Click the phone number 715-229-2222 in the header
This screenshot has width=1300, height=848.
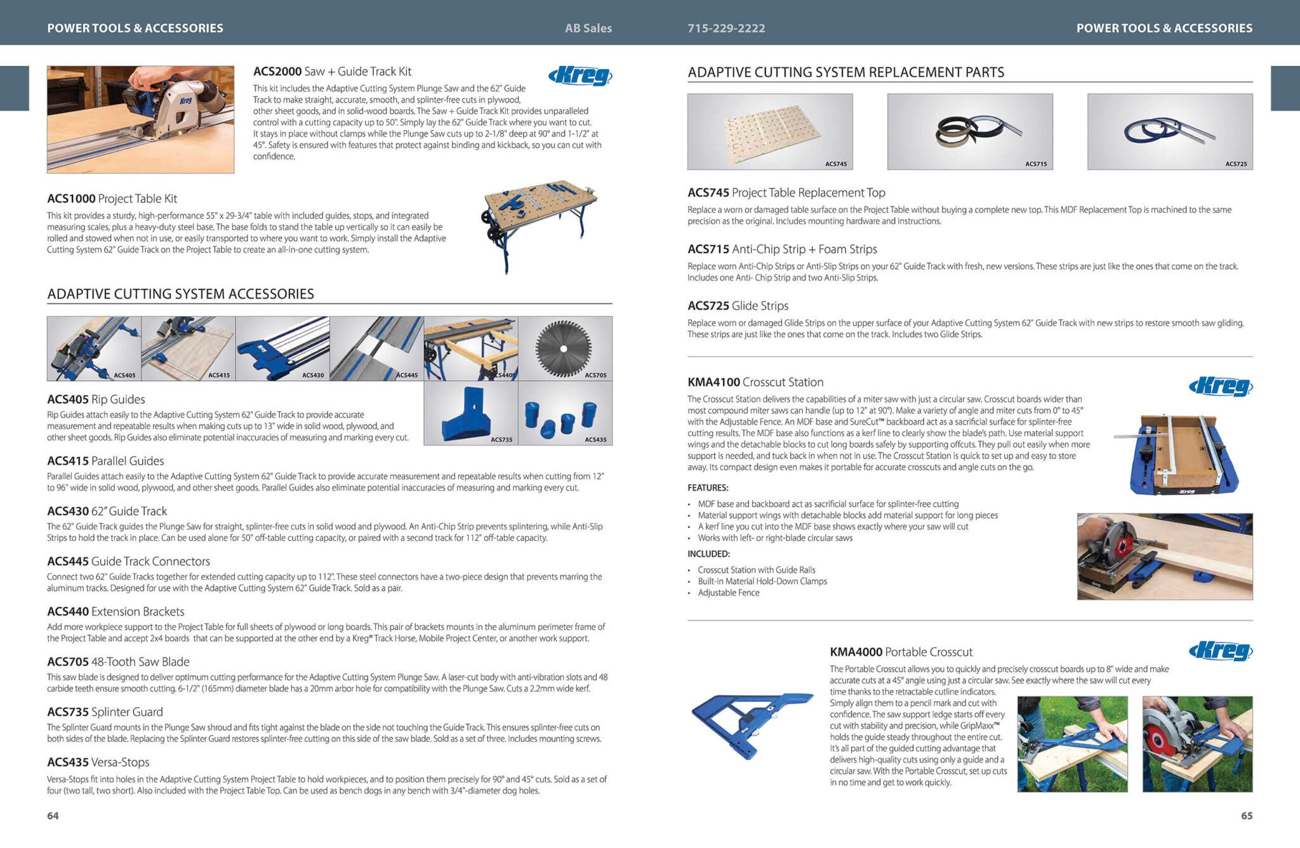pyautogui.click(x=726, y=28)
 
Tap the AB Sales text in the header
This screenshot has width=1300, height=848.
pyautogui.click(x=588, y=28)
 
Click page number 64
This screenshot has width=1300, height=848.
pyautogui.click(x=53, y=816)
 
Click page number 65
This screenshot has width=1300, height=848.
pyautogui.click(x=1247, y=816)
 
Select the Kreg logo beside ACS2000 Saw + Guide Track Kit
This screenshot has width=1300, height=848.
pyautogui.click(x=580, y=76)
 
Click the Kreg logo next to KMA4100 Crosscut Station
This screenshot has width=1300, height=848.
pyautogui.click(x=1220, y=386)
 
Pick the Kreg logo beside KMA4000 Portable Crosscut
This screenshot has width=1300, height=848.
pyautogui.click(x=1220, y=651)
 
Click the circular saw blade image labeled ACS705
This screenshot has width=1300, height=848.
pyautogui.click(x=564, y=348)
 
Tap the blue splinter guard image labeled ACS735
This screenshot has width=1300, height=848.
pyautogui.click(x=470, y=413)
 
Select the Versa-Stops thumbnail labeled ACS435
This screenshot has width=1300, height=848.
pyautogui.click(x=565, y=413)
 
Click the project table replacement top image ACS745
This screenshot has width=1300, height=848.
pyautogui.click(x=770, y=131)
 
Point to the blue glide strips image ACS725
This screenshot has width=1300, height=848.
pyautogui.click(x=1169, y=131)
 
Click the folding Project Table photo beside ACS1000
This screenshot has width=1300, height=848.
pyautogui.click(x=541, y=225)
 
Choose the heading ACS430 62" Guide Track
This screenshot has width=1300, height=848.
pyautogui.click(x=107, y=511)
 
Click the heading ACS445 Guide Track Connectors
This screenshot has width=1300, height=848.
pyautogui.click(x=128, y=561)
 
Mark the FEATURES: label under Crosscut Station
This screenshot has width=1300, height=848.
pyautogui.click(x=708, y=487)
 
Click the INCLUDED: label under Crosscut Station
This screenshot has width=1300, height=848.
pyautogui.click(x=708, y=553)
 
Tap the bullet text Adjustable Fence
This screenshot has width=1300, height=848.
pyautogui.click(x=728, y=593)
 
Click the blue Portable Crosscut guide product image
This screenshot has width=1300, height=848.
pyautogui.click(x=752, y=724)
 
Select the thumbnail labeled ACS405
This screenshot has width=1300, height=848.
pyautogui.click(x=94, y=348)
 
